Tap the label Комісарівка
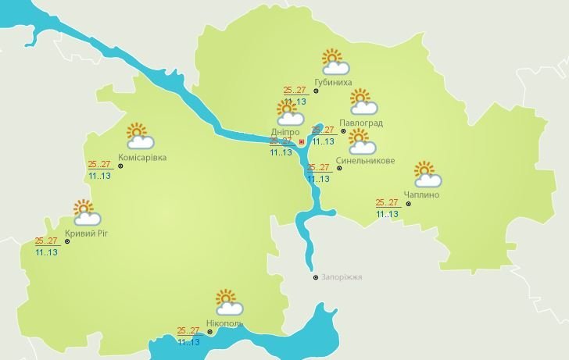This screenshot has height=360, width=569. pos(141,158)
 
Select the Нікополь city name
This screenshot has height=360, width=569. pos(224,323)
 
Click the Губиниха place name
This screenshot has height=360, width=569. pos(332,82)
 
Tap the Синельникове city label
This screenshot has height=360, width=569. pos(365,161)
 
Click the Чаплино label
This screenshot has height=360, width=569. pos(422,194)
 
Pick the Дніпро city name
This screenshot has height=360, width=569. pos(284,133)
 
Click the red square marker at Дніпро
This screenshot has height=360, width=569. pos(302,142)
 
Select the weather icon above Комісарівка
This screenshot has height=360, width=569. pos(139,136)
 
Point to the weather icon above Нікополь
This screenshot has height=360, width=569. pos(227,302)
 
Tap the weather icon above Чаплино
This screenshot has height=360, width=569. pos(427,173)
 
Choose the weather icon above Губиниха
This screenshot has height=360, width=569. pos(335,62)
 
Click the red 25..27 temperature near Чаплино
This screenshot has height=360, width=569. pos(387,203)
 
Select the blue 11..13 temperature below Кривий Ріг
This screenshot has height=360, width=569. pos(46,252)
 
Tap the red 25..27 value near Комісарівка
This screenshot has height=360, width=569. pos(99,165)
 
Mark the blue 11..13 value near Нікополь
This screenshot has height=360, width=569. pos(188,341)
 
